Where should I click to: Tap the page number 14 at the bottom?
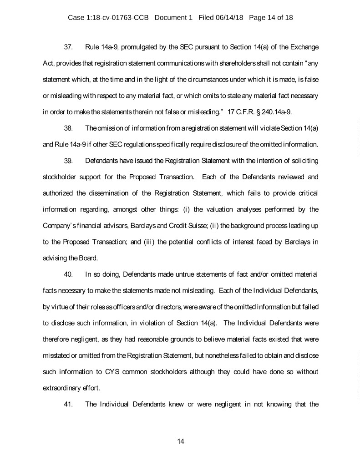[180, 441]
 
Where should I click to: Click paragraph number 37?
[69, 47]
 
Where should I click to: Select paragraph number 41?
[69, 405]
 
